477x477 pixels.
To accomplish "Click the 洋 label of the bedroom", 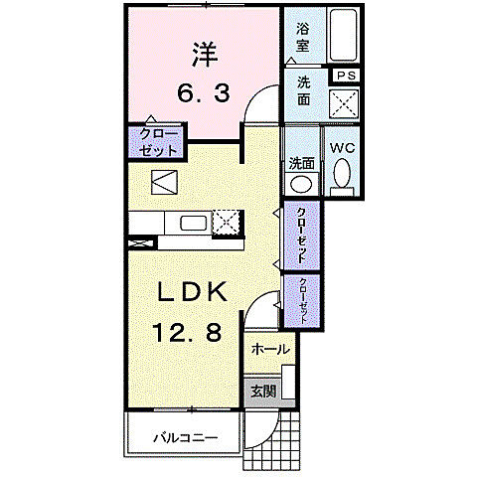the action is [205, 55].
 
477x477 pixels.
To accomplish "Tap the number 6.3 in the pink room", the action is [203, 93].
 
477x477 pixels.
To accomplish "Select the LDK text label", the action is [193, 291].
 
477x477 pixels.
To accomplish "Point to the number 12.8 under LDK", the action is [187, 332].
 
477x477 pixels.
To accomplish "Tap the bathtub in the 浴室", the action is [343, 35].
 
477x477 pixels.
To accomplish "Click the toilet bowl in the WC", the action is [342, 173].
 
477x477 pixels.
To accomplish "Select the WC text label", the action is [343, 148].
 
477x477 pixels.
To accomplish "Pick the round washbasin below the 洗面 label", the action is [301, 183].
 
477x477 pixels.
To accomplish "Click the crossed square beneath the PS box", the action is [344, 103].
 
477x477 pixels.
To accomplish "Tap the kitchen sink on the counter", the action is [193, 223].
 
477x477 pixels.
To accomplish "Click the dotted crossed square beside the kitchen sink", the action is [226, 223].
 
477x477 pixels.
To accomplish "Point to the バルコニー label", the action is [186, 438].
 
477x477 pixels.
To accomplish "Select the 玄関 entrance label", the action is [263, 392].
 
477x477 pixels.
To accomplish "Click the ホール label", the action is [270, 349].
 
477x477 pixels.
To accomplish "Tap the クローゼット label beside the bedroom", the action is [158, 143].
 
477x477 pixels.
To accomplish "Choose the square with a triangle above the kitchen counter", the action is [164, 182].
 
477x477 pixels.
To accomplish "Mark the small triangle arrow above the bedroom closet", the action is [151, 118].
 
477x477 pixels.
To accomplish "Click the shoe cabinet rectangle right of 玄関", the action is [288, 382].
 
